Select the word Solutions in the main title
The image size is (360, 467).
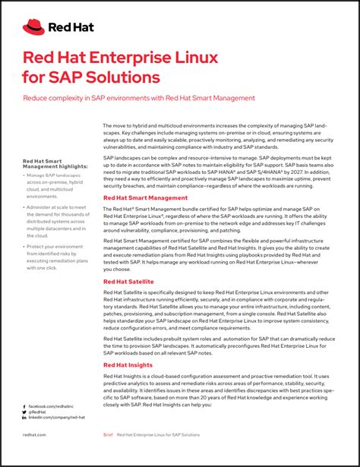(123, 77)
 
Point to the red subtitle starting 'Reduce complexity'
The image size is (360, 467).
(139, 98)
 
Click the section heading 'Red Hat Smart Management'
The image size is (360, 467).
(145, 197)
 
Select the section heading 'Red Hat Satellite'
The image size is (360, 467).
(128, 282)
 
